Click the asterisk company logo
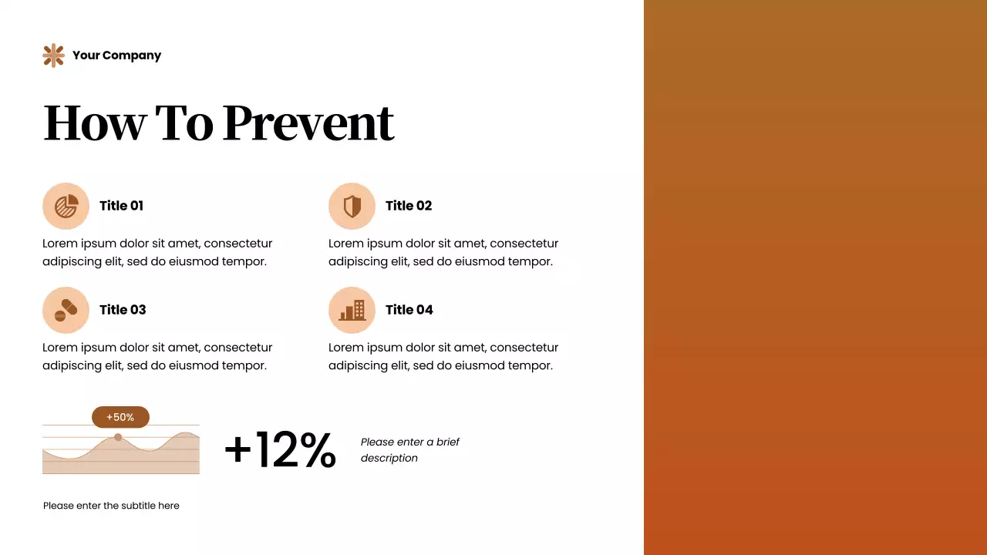[53, 55]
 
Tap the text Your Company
[116, 55]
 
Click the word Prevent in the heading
[308, 123]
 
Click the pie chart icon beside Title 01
[66, 206]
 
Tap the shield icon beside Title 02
[352, 206]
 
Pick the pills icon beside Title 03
[66, 310]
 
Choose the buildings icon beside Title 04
[352, 310]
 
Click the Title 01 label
[121, 206]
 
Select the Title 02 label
[409, 206]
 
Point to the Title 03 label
[123, 310]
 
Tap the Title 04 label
[409, 310]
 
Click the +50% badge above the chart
[120, 417]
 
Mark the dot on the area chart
[118, 437]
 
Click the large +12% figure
[280, 449]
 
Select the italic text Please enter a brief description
[409, 450]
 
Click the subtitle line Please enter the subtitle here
[111, 506]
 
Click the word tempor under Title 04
[532, 365]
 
